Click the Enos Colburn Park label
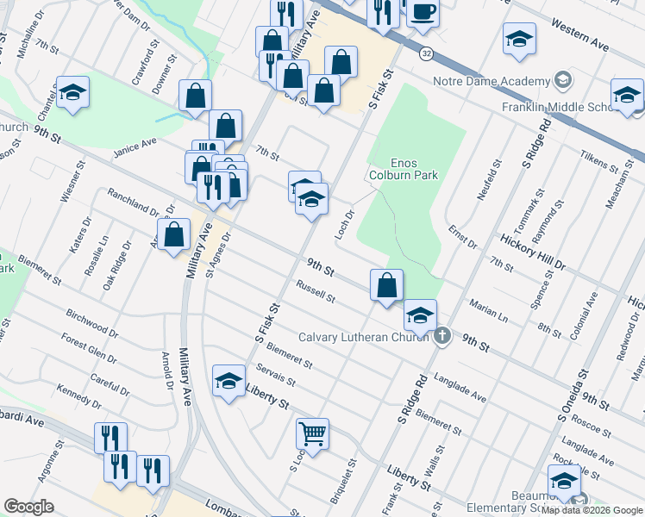tap(414, 169)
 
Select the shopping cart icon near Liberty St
tap(312, 433)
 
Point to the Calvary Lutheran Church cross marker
tap(441, 336)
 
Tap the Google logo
tap(29, 506)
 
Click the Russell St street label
tap(315, 291)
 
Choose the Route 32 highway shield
tap(427, 53)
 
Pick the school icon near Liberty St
tap(229, 382)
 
